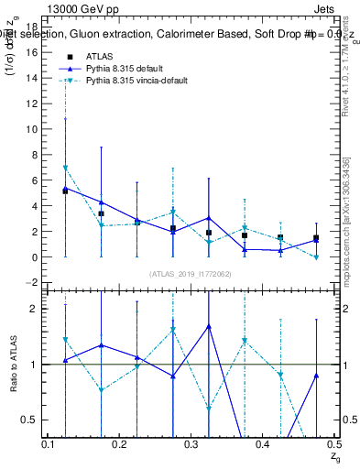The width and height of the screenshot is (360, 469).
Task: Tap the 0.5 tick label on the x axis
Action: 334,444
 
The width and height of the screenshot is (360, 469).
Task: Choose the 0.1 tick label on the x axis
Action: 49,444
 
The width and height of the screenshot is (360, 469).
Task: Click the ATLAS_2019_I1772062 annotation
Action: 191,274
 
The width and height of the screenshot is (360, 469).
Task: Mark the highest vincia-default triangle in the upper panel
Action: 65,168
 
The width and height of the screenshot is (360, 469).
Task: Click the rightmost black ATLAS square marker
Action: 316,238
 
